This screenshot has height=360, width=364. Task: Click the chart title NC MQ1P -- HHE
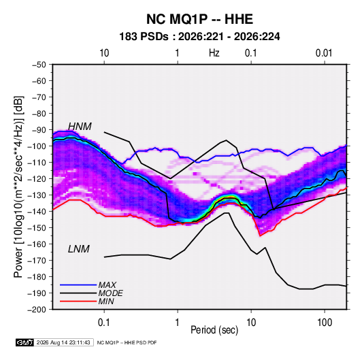coord(199,19)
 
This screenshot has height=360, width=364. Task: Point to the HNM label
coord(80,127)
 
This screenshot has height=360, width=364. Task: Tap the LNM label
coord(79,249)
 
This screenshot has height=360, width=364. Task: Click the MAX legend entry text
coord(107,284)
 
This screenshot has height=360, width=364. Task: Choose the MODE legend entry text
coord(110,293)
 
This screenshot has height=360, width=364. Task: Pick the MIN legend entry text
coord(106,301)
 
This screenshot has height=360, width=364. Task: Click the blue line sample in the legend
coord(78,284)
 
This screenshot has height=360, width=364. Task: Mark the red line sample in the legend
coord(78,301)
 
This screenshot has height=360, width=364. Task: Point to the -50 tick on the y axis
coord(39,65)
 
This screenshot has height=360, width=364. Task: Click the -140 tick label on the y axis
coord(37,212)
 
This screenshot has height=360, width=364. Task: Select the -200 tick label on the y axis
coord(37,310)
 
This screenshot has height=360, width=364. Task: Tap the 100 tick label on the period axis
coord(325,323)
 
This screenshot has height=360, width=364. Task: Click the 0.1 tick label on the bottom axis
coord(104,323)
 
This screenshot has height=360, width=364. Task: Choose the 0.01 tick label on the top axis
coord(324,53)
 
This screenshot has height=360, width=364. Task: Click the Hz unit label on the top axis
coord(214,53)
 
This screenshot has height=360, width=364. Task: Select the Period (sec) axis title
coord(214,330)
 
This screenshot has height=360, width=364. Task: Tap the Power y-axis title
coord(18,187)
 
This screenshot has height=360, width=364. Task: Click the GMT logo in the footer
coord(24,342)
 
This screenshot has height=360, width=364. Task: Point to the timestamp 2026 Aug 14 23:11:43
coord(63,342)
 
